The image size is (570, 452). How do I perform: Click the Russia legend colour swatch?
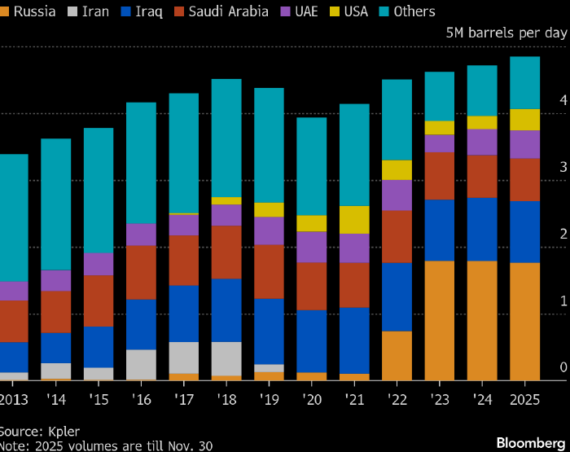coord(3,11)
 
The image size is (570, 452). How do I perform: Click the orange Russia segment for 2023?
coord(440,320)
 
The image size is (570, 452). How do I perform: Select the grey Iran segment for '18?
coord(226,358)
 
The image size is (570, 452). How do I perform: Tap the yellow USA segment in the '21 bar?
coord(354,220)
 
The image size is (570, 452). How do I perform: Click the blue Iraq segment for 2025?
coord(524,232)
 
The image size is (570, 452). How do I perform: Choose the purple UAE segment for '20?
coord(311,247)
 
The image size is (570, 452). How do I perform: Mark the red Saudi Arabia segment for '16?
coord(141,272)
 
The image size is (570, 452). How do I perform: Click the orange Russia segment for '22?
coord(397,355)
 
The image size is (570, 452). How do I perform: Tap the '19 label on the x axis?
coord(269,399)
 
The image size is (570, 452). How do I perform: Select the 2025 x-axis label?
coord(524,399)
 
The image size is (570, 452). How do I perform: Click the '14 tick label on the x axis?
coord(56,399)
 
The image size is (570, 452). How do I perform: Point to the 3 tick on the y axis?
coord(563,167)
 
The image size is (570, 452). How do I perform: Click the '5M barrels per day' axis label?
coord(506,33)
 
